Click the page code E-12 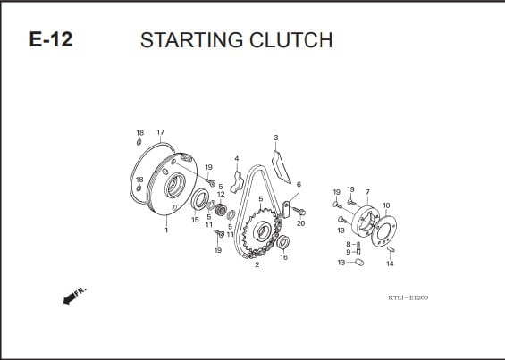[x=51, y=39]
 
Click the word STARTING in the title [x=191, y=40]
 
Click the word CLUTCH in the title [x=290, y=40]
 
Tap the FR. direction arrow [x=75, y=295]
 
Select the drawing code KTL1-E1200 [x=408, y=297]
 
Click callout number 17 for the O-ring [x=160, y=132]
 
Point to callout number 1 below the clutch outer [x=166, y=230]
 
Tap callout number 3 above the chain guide [x=275, y=138]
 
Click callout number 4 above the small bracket [x=237, y=159]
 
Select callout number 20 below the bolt [x=300, y=223]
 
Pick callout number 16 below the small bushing [x=283, y=257]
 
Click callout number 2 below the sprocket [x=257, y=265]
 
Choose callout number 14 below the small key [x=390, y=264]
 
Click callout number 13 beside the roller [x=341, y=263]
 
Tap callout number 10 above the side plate [x=386, y=205]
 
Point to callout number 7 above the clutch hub [x=367, y=192]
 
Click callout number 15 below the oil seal [x=195, y=220]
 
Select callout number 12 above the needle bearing [x=221, y=195]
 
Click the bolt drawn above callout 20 [x=299, y=211]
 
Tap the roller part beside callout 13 [x=359, y=262]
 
